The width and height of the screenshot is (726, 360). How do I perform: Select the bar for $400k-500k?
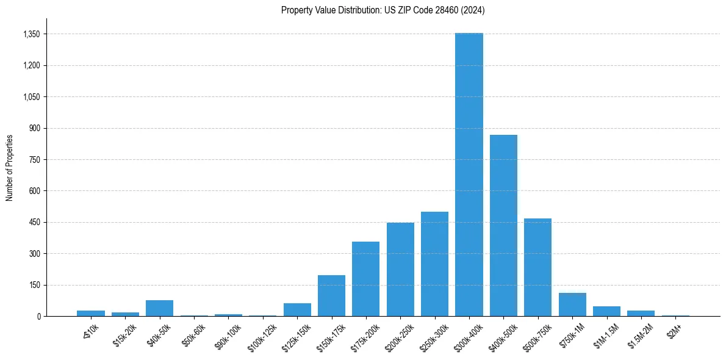tap(503, 225)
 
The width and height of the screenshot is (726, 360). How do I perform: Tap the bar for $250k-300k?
tap(434, 264)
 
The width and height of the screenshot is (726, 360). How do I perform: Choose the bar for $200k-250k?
tap(400, 269)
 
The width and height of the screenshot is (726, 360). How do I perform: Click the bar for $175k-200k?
tap(365, 279)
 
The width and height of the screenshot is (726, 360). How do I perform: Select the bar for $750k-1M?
tap(572, 304)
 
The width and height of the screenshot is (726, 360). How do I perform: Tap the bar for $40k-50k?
tap(159, 308)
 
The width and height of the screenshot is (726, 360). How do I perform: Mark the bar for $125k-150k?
tap(297, 309)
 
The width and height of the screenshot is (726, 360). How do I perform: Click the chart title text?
tap(383, 10)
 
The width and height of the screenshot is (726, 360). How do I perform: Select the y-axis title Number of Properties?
tap(10, 168)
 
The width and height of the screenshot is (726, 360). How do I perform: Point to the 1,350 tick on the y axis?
tap(31, 34)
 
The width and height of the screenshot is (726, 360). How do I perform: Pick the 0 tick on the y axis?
tap(38, 316)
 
